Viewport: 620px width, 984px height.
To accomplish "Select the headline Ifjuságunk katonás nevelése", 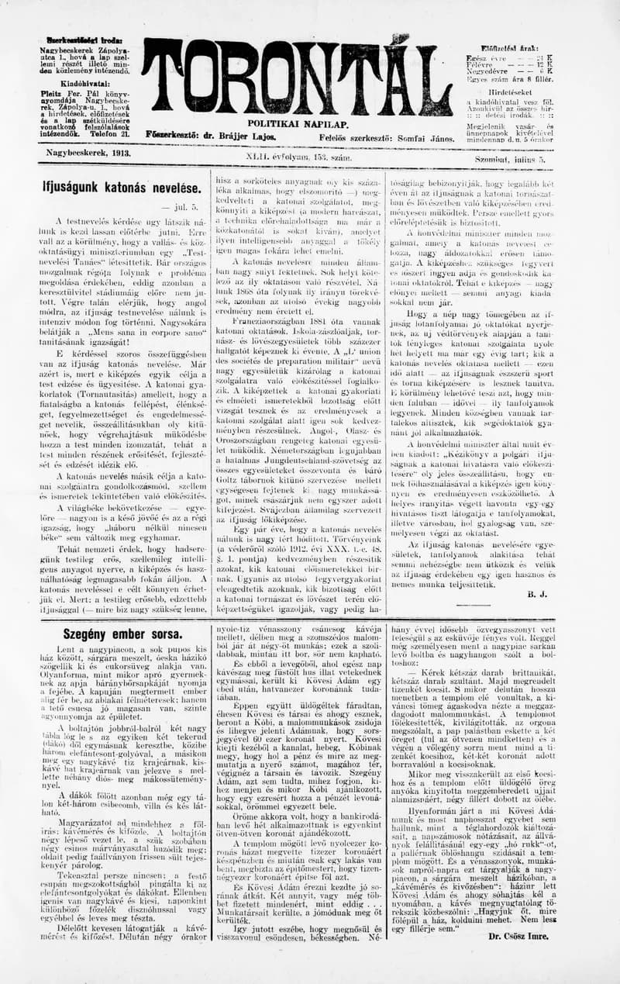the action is click(x=122, y=188).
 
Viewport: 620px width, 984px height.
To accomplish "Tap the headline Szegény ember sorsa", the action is click(x=122, y=634).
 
